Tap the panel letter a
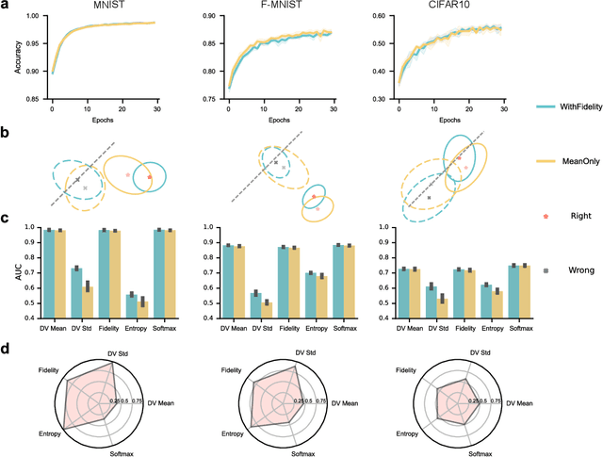(6, 6)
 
